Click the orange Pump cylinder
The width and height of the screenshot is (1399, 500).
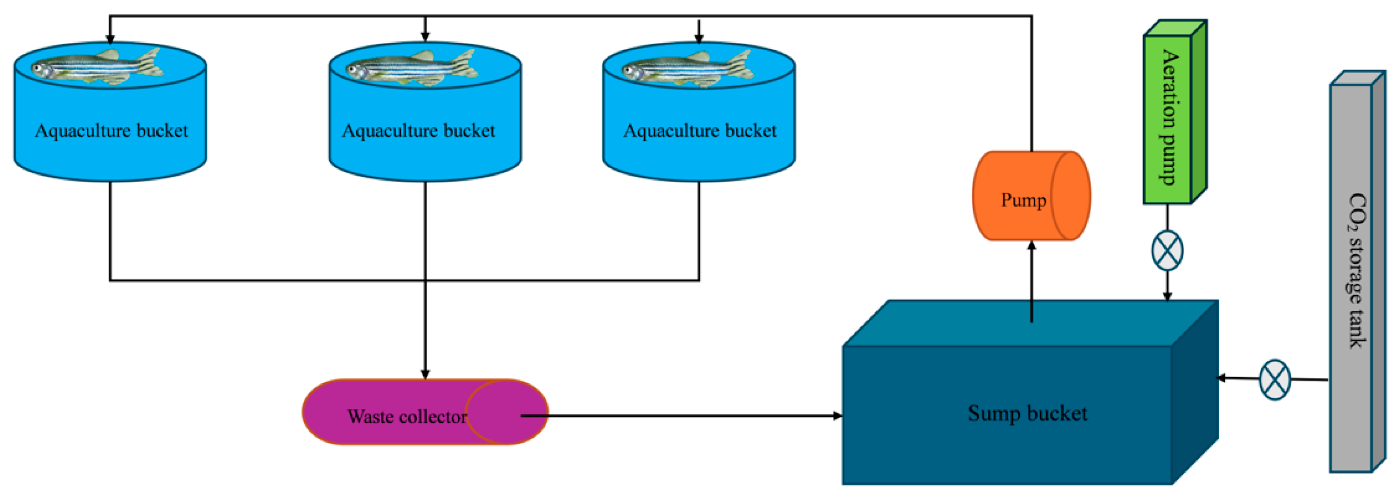coord(1031,196)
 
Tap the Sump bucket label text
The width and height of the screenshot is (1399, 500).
coord(1027,414)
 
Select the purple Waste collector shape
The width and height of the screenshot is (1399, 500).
coord(424,412)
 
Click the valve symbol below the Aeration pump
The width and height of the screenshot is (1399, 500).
coord(1167,251)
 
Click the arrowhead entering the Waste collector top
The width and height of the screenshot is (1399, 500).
coord(425,374)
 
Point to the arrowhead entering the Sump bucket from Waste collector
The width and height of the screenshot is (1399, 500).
coord(838,416)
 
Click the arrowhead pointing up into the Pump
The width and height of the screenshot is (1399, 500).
coord(1032,246)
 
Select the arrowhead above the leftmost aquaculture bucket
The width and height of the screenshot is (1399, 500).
coord(110,39)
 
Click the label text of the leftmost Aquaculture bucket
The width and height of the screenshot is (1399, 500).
coord(111,130)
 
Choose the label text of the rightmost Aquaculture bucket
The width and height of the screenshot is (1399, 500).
coord(700,130)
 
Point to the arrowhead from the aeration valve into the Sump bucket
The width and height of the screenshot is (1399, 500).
coord(1167,296)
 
